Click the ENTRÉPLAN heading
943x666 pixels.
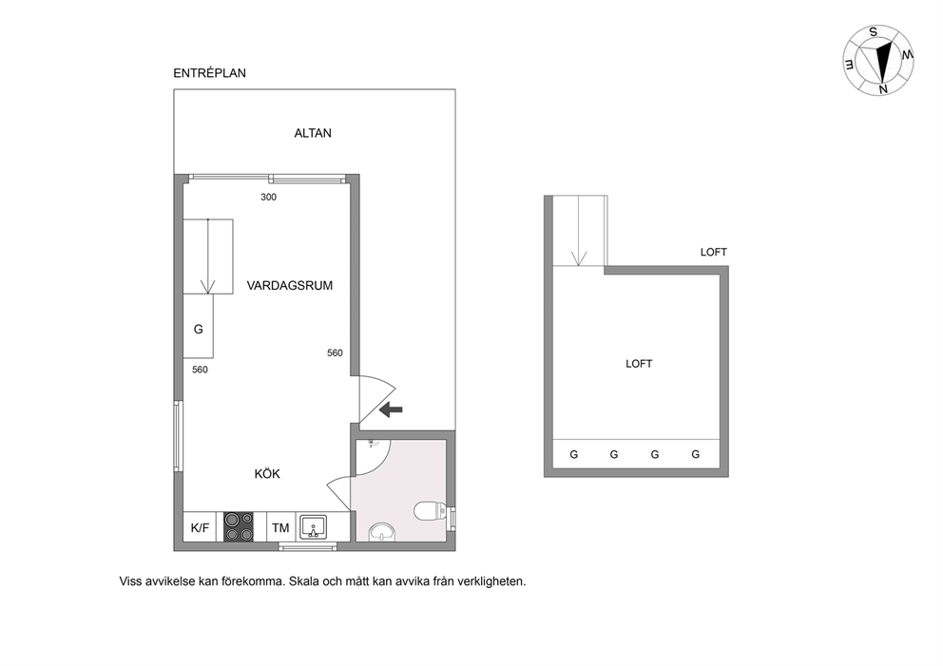pyautogui.click(x=209, y=73)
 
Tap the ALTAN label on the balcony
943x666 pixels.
pyautogui.click(x=313, y=133)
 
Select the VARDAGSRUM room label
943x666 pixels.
pyautogui.click(x=289, y=286)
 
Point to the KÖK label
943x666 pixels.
pyautogui.click(x=267, y=474)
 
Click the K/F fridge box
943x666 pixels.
pyautogui.click(x=200, y=527)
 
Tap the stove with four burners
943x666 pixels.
pyautogui.click(x=239, y=527)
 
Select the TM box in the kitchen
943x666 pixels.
pyautogui.click(x=280, y=527)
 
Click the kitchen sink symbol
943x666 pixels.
pyautogui.click(x=314, y=527)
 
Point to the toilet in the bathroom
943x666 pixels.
pyautogui.click(x=430, y=511)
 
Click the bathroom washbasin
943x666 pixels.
pyautogui.click(x=382, y=532)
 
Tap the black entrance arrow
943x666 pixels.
pyautogui.click(x=392, y=409)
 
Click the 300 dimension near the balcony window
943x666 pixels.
pyautogui.click(x=268, y=198)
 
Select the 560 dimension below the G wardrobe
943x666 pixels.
pyautogui.click(x=200, y=370)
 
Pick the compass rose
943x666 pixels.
pyautogui.click(x=878, y=60)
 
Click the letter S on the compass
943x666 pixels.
pyautogui.click(x=874, y=32)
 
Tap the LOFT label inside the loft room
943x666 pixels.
pyautogui.click(x=639, y=364)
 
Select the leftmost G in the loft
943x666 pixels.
pyautogui.click(x=574, y=454)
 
